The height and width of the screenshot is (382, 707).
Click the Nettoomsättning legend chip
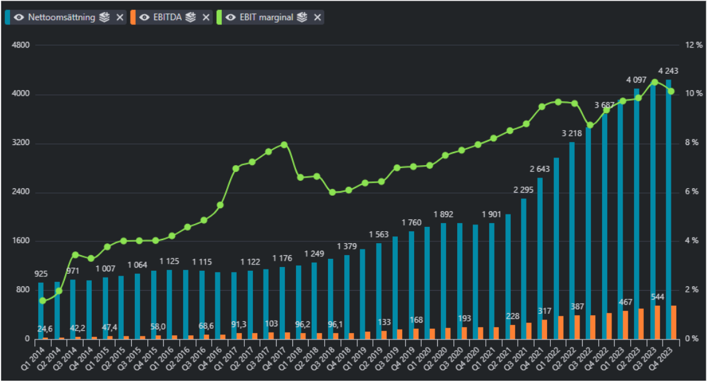[65, 17]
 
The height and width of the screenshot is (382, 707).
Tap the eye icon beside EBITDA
[144, 17]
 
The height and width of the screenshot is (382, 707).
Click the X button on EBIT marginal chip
[317, 17]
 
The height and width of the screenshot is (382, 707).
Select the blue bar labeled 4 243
[668, 209]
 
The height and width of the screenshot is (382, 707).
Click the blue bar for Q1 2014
[41, 311]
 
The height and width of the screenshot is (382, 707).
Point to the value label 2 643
[540, 169]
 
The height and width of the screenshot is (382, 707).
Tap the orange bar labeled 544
[658, 323]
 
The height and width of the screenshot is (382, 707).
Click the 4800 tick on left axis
[21, 45]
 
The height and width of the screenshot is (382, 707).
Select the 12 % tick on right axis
[693, 45]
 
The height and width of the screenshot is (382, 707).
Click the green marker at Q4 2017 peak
[284, 145]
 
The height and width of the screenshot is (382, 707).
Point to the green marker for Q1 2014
[42, 301]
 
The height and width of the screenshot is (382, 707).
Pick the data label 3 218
[571, 133]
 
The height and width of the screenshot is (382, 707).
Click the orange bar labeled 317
[545, 329]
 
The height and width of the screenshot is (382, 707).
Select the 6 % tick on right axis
[691, 192]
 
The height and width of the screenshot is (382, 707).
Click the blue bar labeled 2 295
[523, 269]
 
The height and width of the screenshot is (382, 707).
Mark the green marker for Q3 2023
[655, 82]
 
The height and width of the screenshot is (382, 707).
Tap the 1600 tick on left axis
[21, 241]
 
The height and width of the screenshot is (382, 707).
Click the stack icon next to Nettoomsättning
[104, 17]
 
